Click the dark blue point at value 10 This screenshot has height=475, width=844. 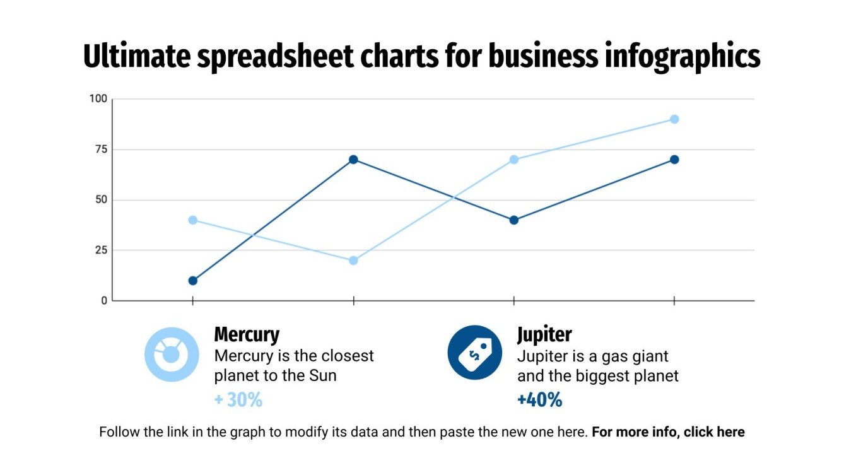coord(192,281)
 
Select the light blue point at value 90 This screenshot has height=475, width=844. coord(674,119)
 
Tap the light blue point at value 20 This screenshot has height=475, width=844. coord(353,261)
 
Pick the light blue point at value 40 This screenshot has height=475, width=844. coord(192,220)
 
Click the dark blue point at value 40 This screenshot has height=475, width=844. coord(514,220)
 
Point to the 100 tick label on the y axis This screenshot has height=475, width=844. coord(98,99)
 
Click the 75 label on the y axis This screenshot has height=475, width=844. coord(101,150)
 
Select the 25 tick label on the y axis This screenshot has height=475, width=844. coord(101,250)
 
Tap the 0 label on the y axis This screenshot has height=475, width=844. coord(104,301)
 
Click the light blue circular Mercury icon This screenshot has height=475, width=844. coord(172,354)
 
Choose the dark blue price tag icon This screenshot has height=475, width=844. coord(474,353)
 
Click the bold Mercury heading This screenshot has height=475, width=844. coord(247,334)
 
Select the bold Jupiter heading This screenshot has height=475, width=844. coord(544,334)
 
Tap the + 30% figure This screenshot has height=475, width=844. coord(238,400)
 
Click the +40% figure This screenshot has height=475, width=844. coord(539,400)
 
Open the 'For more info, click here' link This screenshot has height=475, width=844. coord(668,433)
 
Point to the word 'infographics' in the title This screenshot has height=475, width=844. coord(681,57)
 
